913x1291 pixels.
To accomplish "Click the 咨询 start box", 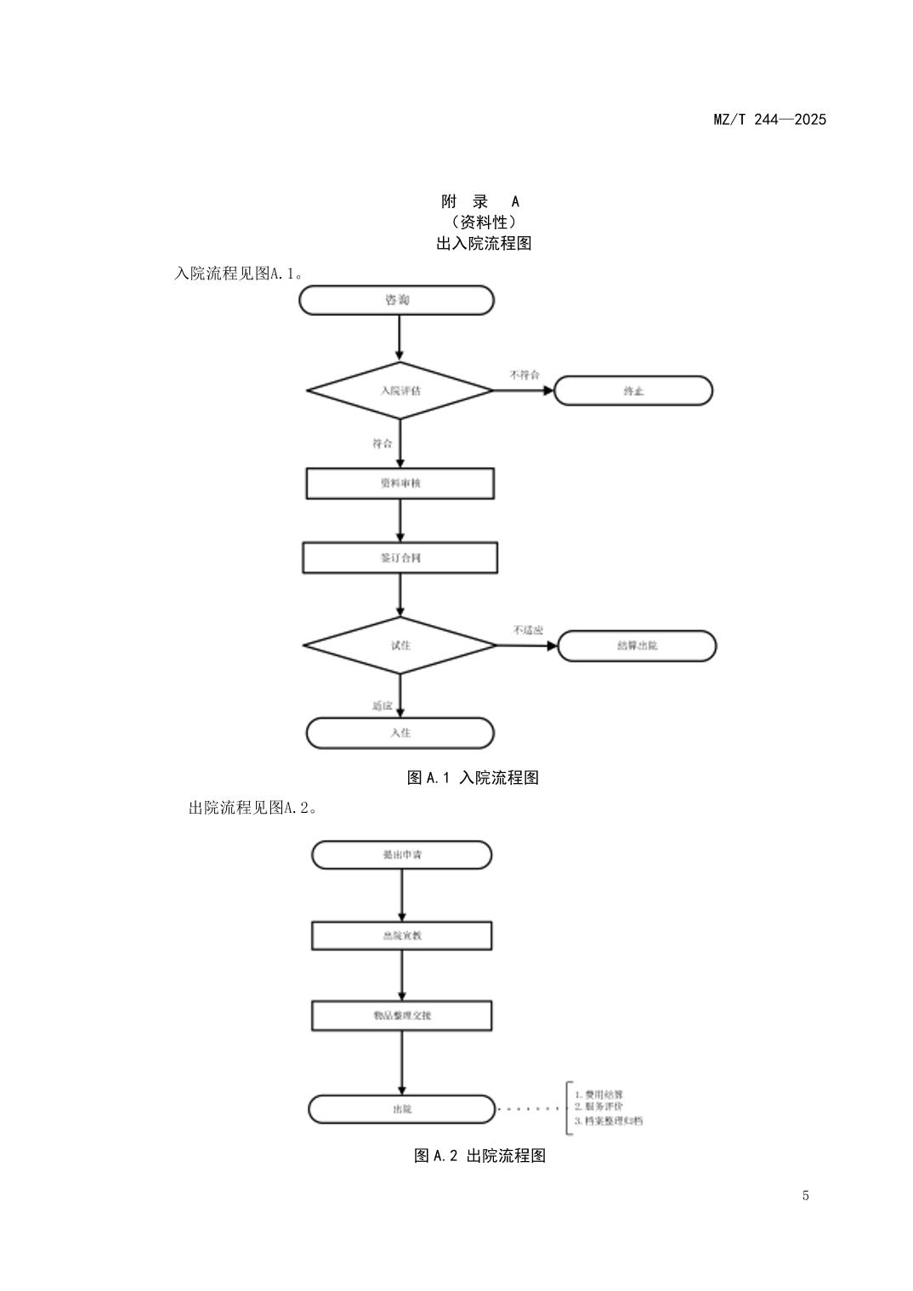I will coord(396,300).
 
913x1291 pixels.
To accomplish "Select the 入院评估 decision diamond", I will coord(400,391).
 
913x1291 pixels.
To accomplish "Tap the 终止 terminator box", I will coord(633,391).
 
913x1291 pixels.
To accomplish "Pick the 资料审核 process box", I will coord(400,483).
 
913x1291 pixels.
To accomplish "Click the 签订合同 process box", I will coord(400,558).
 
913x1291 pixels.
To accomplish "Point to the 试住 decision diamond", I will coord(400,645).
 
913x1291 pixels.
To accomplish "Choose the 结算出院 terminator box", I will coord(637,645).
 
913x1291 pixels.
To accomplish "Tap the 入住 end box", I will coord(400,733).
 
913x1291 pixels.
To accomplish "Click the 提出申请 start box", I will coord(401,854).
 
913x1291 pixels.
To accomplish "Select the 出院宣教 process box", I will coord(401,935).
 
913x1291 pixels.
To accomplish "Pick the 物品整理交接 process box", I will coord(401,1015).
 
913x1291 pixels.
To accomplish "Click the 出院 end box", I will coord(401,1109).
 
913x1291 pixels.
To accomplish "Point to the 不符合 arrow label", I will coord(524,375).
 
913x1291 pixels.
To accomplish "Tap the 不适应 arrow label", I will coord(528,630).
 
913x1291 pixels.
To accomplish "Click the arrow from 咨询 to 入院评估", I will coord(399,338).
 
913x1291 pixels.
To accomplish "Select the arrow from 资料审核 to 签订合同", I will coord(400,521).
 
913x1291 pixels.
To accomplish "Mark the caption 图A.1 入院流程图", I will coord(473,777).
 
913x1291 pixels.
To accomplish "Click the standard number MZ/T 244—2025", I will coord(769,119).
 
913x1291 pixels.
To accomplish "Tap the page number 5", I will coord(805,1196).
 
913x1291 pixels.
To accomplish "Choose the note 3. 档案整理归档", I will coord(609,1121).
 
